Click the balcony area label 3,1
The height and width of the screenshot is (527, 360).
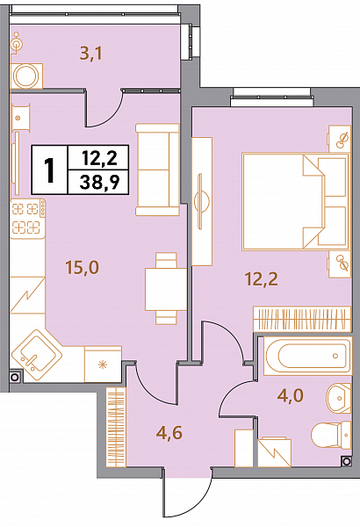(x=90, y=54)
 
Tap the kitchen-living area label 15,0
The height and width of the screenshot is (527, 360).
(x=83, y=268)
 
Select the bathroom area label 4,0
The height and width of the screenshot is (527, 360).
(x=291, y=395)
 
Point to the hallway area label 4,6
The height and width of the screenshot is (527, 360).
(x=169, y=432)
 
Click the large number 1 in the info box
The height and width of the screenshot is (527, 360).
(x=50, y=170)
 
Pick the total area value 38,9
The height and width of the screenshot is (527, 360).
(x=99, y=184)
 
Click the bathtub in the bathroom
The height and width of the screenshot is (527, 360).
(x=307, y=356)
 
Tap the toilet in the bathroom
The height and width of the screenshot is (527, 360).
(x=331, y=435)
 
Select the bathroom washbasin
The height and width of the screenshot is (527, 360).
(x=339, y=398)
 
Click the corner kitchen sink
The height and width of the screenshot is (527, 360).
(x=37, y=355)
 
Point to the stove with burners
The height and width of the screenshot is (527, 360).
(x=28, y=219)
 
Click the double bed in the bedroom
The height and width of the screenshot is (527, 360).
(x=296, y=202)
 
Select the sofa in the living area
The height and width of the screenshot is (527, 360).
(x=157, y=170)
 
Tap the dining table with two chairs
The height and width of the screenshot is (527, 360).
(x=166, y=289)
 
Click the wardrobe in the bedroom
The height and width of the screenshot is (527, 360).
(x=302, y=318)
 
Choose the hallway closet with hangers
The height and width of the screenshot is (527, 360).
(x=116, y=427)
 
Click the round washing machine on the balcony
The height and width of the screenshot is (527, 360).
(x=26, y=76)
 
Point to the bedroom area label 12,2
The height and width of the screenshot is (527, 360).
(x=262, y=279)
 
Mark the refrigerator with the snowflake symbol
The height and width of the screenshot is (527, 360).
(x=103, y=365)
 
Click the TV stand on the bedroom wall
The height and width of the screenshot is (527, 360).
(x=202, y=201)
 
